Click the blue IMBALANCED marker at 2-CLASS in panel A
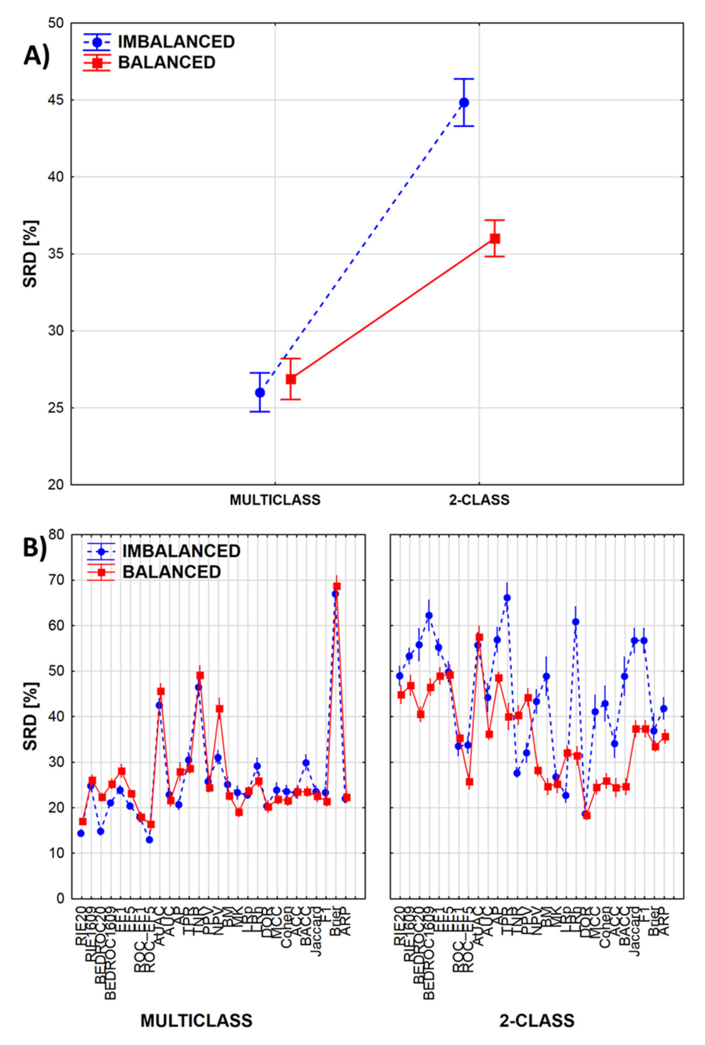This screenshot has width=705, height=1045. [464, 102]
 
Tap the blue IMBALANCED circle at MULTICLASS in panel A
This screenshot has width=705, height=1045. [260, 392]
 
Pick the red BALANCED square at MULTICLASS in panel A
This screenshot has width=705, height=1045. [291, 379]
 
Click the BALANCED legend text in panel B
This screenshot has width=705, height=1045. [172, 572]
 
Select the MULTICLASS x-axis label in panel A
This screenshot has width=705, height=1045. [275, 500]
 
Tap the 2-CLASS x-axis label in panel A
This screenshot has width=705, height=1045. [479, 500]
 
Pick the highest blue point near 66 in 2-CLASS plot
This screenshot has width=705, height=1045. [507, 598]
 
